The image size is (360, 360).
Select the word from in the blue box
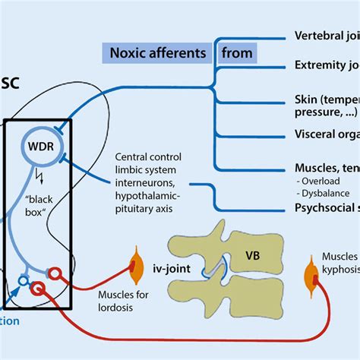tap(236, 53)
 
